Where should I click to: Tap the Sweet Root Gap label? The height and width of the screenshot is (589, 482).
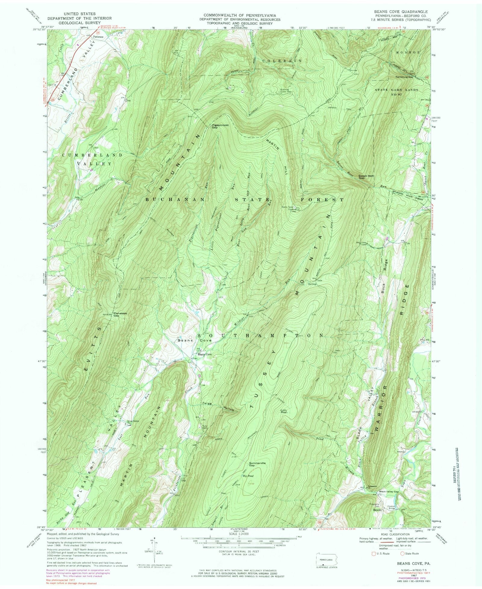coord(366,177)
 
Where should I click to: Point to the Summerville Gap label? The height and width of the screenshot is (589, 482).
coord(256,464)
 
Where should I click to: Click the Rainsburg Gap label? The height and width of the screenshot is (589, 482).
coord(404,77)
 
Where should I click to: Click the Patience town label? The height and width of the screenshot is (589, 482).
coord(98,37)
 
